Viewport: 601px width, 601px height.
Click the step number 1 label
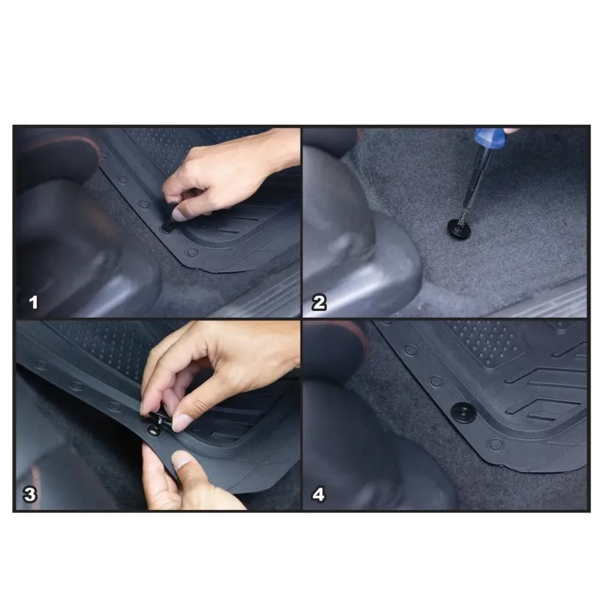pos(34,303)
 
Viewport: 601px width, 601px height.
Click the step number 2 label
pos(319,303)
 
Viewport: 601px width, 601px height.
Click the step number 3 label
pos(30,494)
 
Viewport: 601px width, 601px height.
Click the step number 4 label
pos(319,494)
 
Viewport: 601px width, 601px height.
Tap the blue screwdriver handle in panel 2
pos(491,138)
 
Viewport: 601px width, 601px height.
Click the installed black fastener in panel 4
pos(464,412)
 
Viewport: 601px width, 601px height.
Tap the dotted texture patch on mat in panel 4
pos(489,342)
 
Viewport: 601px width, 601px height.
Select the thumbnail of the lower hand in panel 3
pos(181,459)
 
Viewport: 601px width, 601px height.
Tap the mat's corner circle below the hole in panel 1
pos(192,252)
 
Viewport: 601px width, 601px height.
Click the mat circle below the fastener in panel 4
pos(495,444)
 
